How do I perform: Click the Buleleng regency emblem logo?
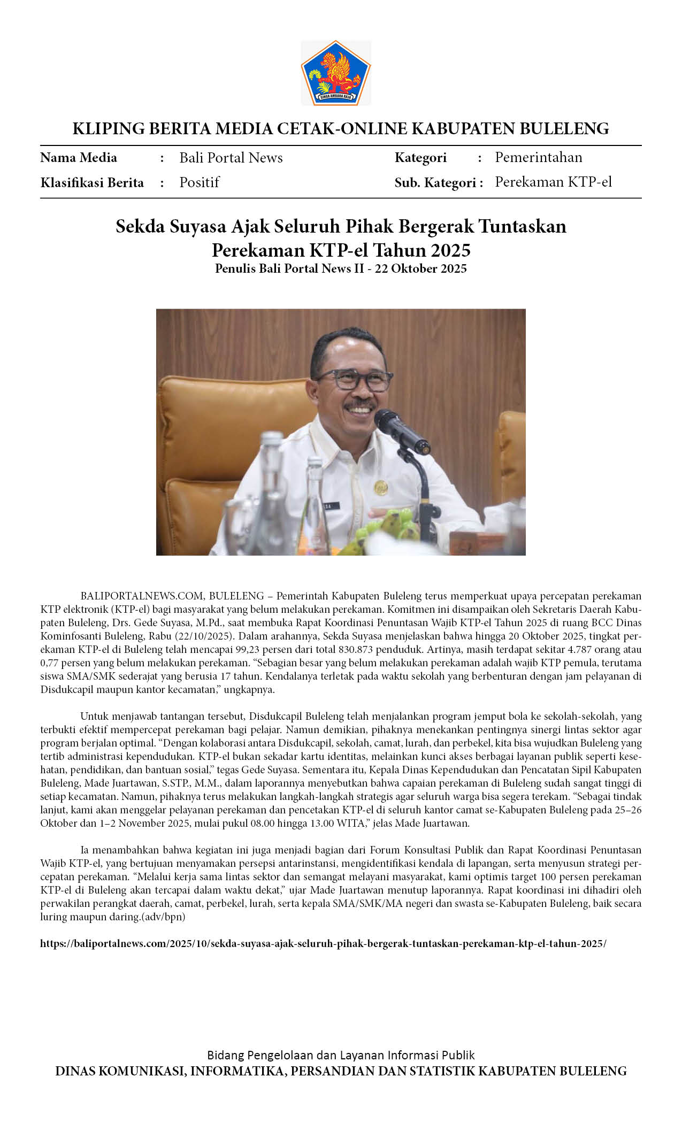[x=336, y=73]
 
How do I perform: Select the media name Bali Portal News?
[x=231, y=158]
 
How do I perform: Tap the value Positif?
[x=199, y=182]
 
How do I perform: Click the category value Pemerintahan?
[x=538, y=157]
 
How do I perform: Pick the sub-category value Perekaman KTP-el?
[x=553, y=182]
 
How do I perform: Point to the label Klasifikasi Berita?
[x=92, y=183]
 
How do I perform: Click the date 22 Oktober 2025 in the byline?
[x=420, y=268]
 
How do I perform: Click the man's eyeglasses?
[x=353, y=380]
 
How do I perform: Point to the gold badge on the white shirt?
[x=381, y=487]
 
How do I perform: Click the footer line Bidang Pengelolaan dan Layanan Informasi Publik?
[x=341, y=1055]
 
